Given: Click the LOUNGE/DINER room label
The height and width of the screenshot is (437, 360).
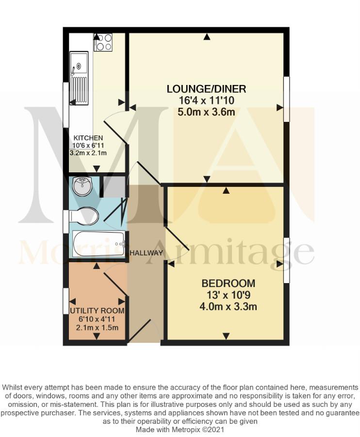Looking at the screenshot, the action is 206,89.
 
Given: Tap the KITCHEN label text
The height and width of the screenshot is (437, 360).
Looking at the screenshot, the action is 88,138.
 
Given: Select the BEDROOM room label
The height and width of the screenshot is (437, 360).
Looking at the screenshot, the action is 229,283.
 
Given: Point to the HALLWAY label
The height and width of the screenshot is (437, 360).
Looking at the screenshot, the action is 147,253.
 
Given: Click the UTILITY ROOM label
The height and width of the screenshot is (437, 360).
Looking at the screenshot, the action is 97,310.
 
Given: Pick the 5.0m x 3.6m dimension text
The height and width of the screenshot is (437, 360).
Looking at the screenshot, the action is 206,112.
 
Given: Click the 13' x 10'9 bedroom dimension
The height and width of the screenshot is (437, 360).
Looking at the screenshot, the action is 227,295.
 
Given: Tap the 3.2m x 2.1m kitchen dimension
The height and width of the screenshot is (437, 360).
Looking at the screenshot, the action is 88,153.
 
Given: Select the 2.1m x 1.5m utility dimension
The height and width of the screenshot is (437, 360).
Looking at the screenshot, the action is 97,327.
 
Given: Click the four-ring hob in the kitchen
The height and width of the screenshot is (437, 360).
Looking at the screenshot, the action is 103,42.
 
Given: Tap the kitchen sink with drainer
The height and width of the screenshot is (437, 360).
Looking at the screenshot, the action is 79,78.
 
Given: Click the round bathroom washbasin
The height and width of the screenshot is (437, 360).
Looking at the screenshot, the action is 82,186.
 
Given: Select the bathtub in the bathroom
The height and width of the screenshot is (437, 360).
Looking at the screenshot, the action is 98,244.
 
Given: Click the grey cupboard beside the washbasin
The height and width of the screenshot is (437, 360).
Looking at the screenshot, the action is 114,186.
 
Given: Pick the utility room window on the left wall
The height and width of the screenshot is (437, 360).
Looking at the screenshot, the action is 65,302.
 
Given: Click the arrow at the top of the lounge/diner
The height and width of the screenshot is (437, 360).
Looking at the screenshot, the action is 207,36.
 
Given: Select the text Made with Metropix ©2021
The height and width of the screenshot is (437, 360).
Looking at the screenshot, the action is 180,430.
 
